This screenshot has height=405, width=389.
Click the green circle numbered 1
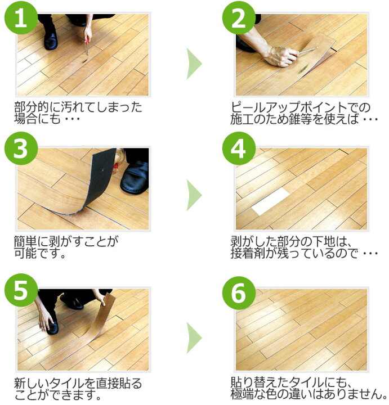[x=21, y=17]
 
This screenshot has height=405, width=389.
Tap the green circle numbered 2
[x=239, y=17]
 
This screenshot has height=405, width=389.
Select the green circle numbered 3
[x=21, y=148]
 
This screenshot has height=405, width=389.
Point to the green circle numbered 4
[x=239, y=148]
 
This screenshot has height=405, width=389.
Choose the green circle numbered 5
[x=21, y=290]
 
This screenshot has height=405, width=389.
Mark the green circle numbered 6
[x=239, y=293]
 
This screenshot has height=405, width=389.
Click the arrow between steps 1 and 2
[x=194, y=64]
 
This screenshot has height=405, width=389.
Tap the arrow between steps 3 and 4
[x=194, y=195]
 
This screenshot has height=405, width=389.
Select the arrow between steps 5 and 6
[x=194, y=337]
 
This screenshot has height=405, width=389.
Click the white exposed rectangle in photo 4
[x=271, y=201]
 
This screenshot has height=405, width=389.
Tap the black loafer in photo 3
[x=135, y=178]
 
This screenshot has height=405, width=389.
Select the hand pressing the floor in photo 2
[x=280, y=56]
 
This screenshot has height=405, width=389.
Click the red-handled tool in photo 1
[x=87, y=47]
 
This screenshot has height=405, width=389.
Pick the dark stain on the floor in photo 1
[x=84, y=61]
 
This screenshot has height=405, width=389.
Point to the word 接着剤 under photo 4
[x=248, y=253]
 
